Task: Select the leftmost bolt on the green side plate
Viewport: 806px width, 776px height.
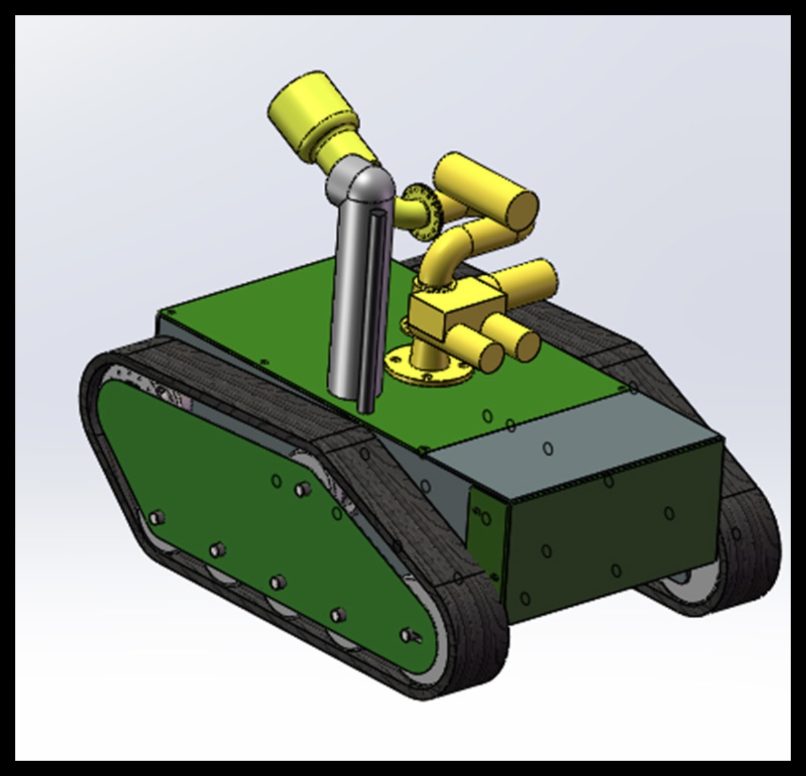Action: [x=157, y=518]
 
